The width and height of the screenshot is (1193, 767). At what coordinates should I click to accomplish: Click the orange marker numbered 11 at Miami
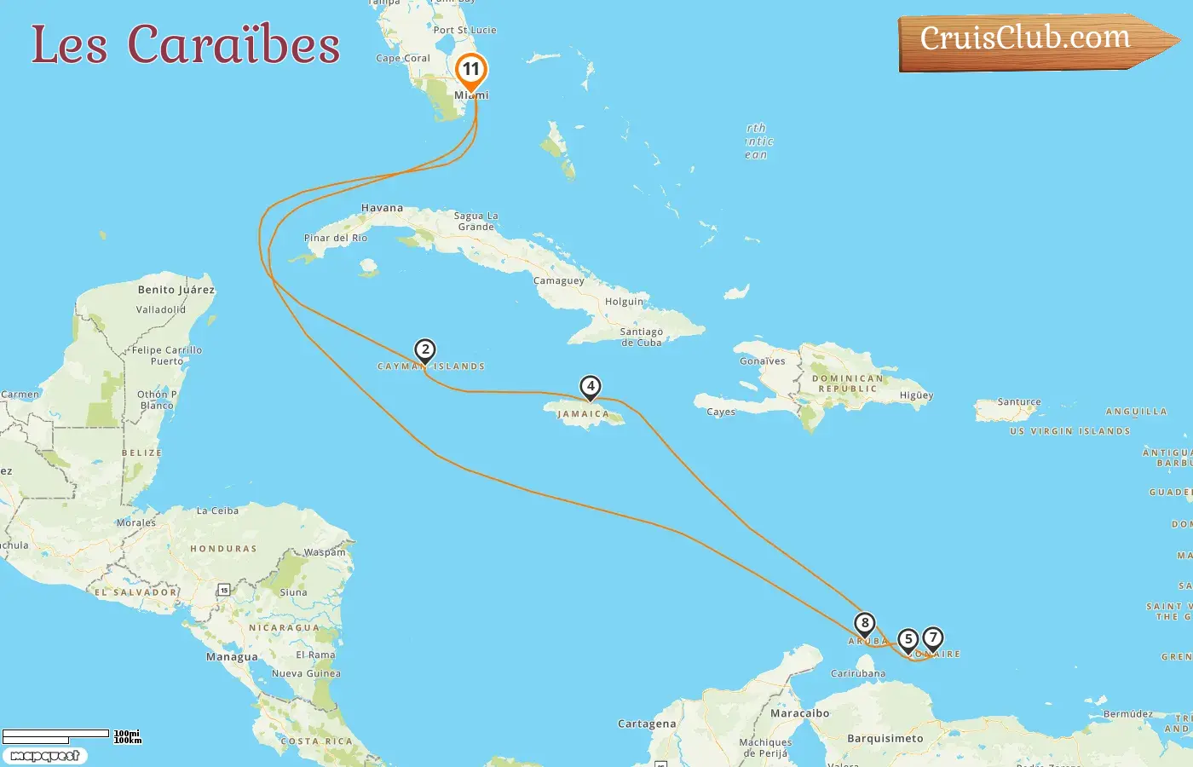tap(470, 70)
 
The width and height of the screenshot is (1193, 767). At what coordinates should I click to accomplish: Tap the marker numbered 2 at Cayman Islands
tap(425, 350)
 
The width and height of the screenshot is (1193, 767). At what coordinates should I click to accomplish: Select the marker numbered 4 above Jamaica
tap(590, 387)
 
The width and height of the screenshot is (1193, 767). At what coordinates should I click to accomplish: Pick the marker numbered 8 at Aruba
tap(864, 624)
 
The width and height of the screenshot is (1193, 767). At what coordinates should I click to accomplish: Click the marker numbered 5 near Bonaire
tap(908, 640)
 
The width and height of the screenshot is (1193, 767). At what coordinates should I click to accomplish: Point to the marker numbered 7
tap(933, 638)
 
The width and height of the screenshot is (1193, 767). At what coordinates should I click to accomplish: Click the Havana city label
tap(382, 208)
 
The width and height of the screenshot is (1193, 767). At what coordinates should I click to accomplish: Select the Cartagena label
tap(647, 724)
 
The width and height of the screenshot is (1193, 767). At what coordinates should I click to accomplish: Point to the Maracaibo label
tap(799, 713)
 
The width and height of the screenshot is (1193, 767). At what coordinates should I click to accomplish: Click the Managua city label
tap(232, 657)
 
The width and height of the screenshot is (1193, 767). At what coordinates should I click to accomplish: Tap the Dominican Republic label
tap(847, 383)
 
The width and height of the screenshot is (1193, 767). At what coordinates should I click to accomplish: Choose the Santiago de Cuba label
tap(641, 337)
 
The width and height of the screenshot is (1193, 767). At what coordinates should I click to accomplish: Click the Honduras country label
tap(223, 549)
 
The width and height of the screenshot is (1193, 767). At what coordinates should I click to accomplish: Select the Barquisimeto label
tap(885, 739)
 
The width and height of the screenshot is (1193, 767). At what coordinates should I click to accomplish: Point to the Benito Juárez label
tap(176, 290)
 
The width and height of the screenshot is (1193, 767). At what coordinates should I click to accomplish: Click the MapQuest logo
tap(44, 756)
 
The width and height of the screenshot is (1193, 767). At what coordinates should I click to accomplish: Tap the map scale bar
tap(56, 735)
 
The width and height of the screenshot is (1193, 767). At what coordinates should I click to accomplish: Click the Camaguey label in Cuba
tap(559, 281)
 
